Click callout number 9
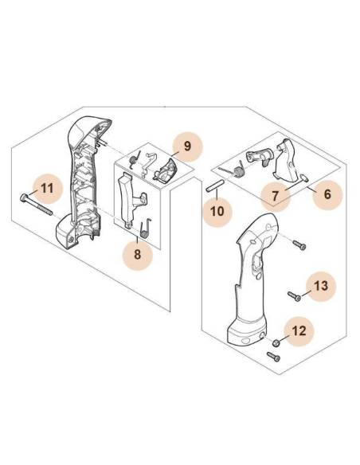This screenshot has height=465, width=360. tap(187, 147)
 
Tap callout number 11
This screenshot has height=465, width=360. tap(47, 189)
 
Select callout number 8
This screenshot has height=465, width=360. tap(137, 255)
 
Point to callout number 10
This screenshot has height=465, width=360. tap(217, 212)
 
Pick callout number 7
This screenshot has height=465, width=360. tap(275, 196)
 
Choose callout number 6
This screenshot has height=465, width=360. tap(327, 194)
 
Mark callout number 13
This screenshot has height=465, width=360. tap(321, 286)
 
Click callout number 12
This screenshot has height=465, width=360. tap(299, 330)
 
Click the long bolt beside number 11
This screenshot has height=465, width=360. tap(36, 205)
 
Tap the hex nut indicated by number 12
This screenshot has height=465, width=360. tap(276, 343)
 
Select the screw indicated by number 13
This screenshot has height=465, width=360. tap(294, 296)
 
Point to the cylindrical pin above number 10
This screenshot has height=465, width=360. tap(213, 186)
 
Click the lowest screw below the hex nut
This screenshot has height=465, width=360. tap(273, 357)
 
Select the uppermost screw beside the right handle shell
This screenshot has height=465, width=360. tap(299, 245)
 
